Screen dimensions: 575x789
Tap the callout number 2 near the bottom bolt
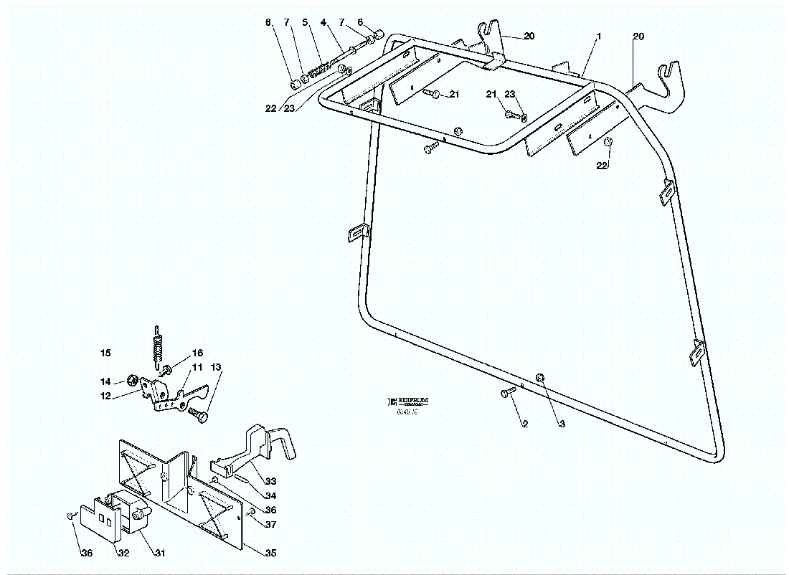point(524,424)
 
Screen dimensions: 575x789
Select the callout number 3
point(562,424)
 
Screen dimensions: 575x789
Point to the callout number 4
point(323,23)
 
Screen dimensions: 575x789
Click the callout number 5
point(305,23)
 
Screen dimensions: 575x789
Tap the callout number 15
point(105,353)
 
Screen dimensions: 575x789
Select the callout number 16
point(197,353)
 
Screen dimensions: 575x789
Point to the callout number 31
point(159,552)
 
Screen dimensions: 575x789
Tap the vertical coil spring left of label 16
point(158,343)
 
